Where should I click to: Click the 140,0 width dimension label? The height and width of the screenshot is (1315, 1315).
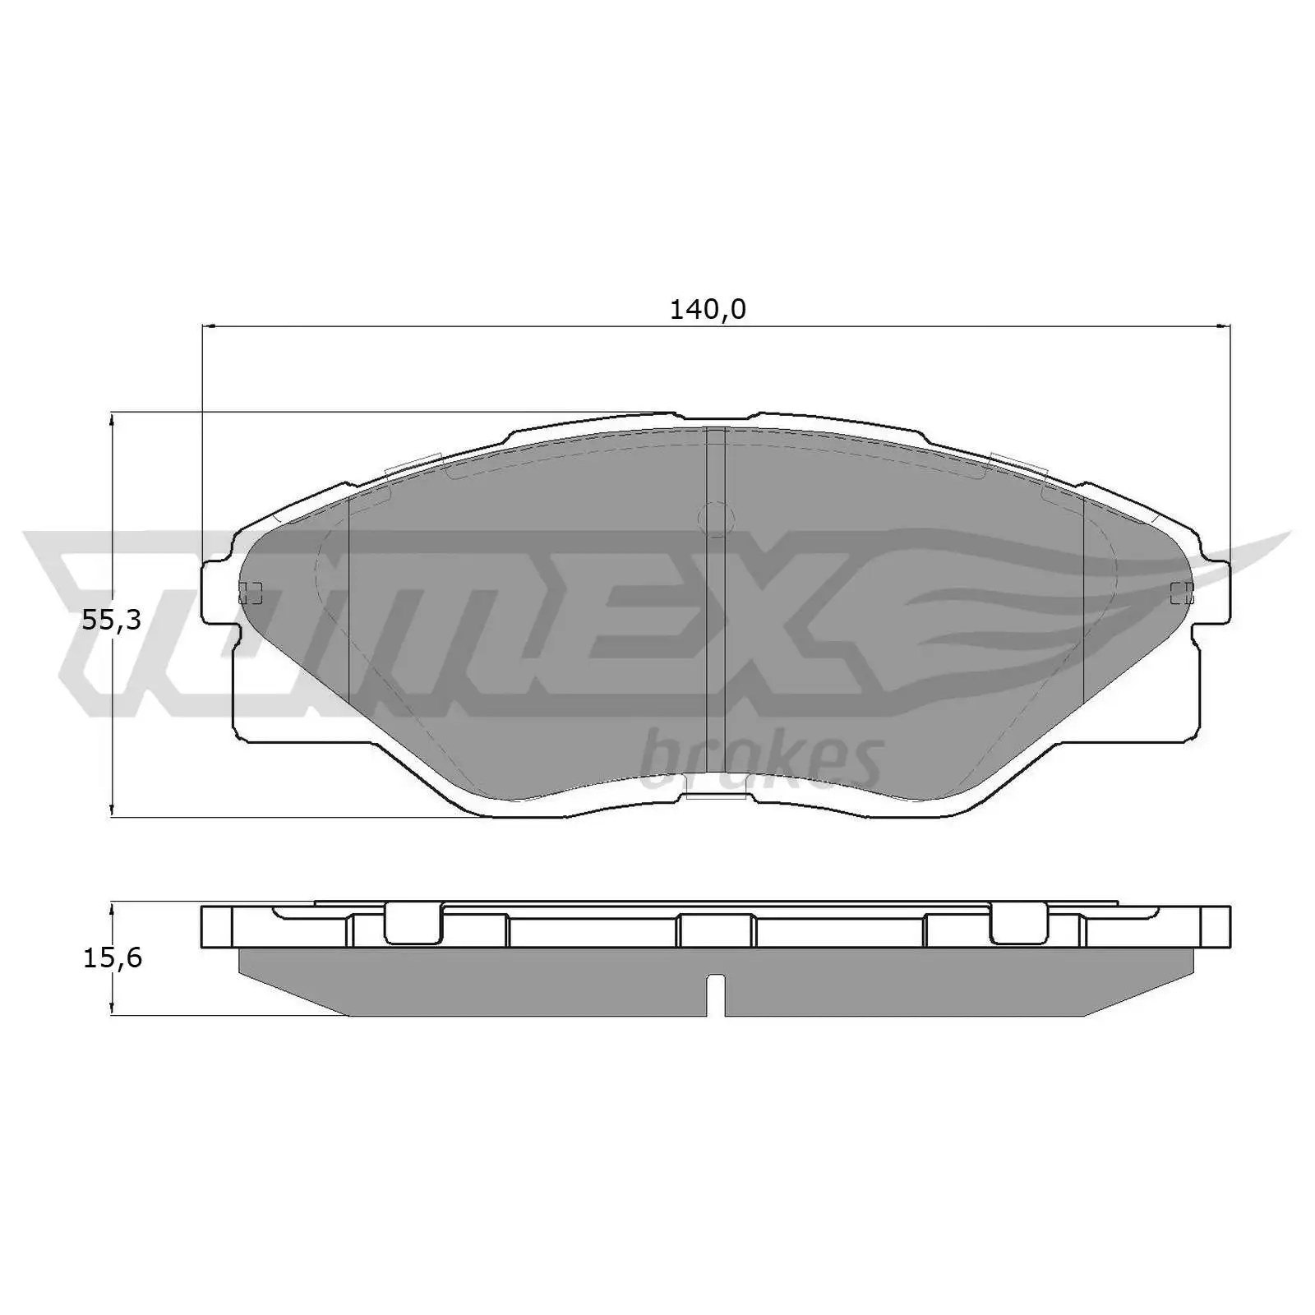[x=708, y=310]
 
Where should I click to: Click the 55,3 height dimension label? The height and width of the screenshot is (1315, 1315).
[x=112, y=621]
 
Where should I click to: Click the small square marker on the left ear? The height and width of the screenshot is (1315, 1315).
[x=250, y=592]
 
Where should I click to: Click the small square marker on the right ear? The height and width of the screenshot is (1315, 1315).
[x=1182, y=592]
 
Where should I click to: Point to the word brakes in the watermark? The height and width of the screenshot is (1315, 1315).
[x=761, y=760]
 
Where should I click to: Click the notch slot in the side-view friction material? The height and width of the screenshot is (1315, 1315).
[x=716, y=994]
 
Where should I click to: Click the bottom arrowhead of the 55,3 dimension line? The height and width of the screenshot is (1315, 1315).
[x=112, y=815]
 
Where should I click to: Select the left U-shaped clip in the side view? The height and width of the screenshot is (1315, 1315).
[x=413, y=924]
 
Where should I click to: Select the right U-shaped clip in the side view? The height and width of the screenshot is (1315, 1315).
[x=1018, y=924]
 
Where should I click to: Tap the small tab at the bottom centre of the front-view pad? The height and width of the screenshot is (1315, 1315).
[x=715, y=795]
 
